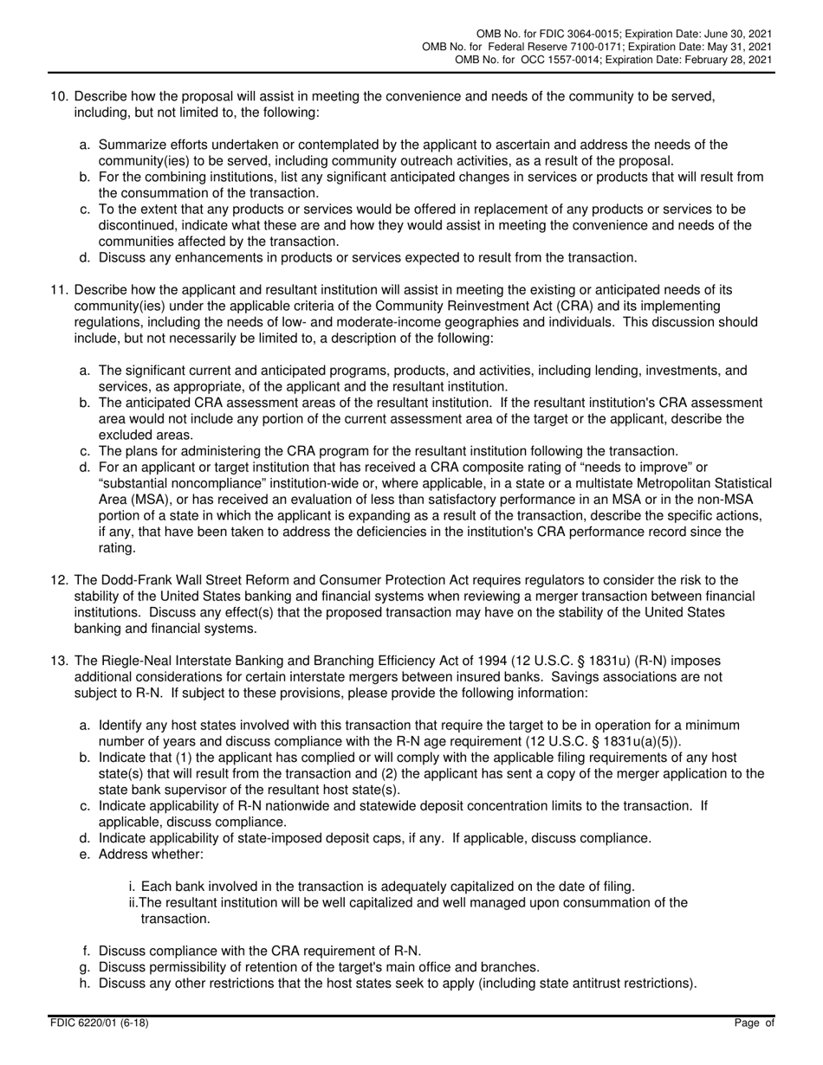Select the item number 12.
57,581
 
